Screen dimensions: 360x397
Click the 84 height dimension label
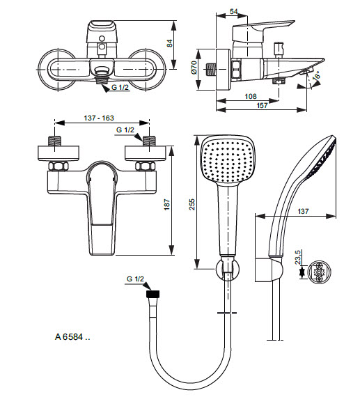point(170,43)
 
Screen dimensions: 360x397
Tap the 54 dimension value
point(234,11)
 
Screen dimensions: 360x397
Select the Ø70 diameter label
point(194,68)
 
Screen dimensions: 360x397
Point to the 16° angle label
point(316,76)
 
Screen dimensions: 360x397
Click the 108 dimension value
point(251,97)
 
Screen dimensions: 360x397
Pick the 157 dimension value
point(262,105)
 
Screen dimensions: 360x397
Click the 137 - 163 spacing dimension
point(99,118)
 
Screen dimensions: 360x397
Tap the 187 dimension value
point(167,205)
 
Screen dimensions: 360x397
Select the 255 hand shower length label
point(192,205)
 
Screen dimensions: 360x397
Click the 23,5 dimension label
point(298,257)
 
